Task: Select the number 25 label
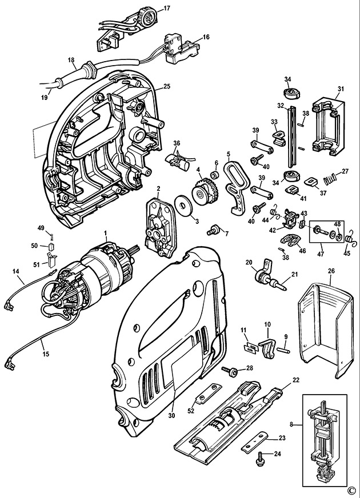click(167, 86)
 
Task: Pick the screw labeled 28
click(230, 371)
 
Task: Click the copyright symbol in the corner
click(350, 489)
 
